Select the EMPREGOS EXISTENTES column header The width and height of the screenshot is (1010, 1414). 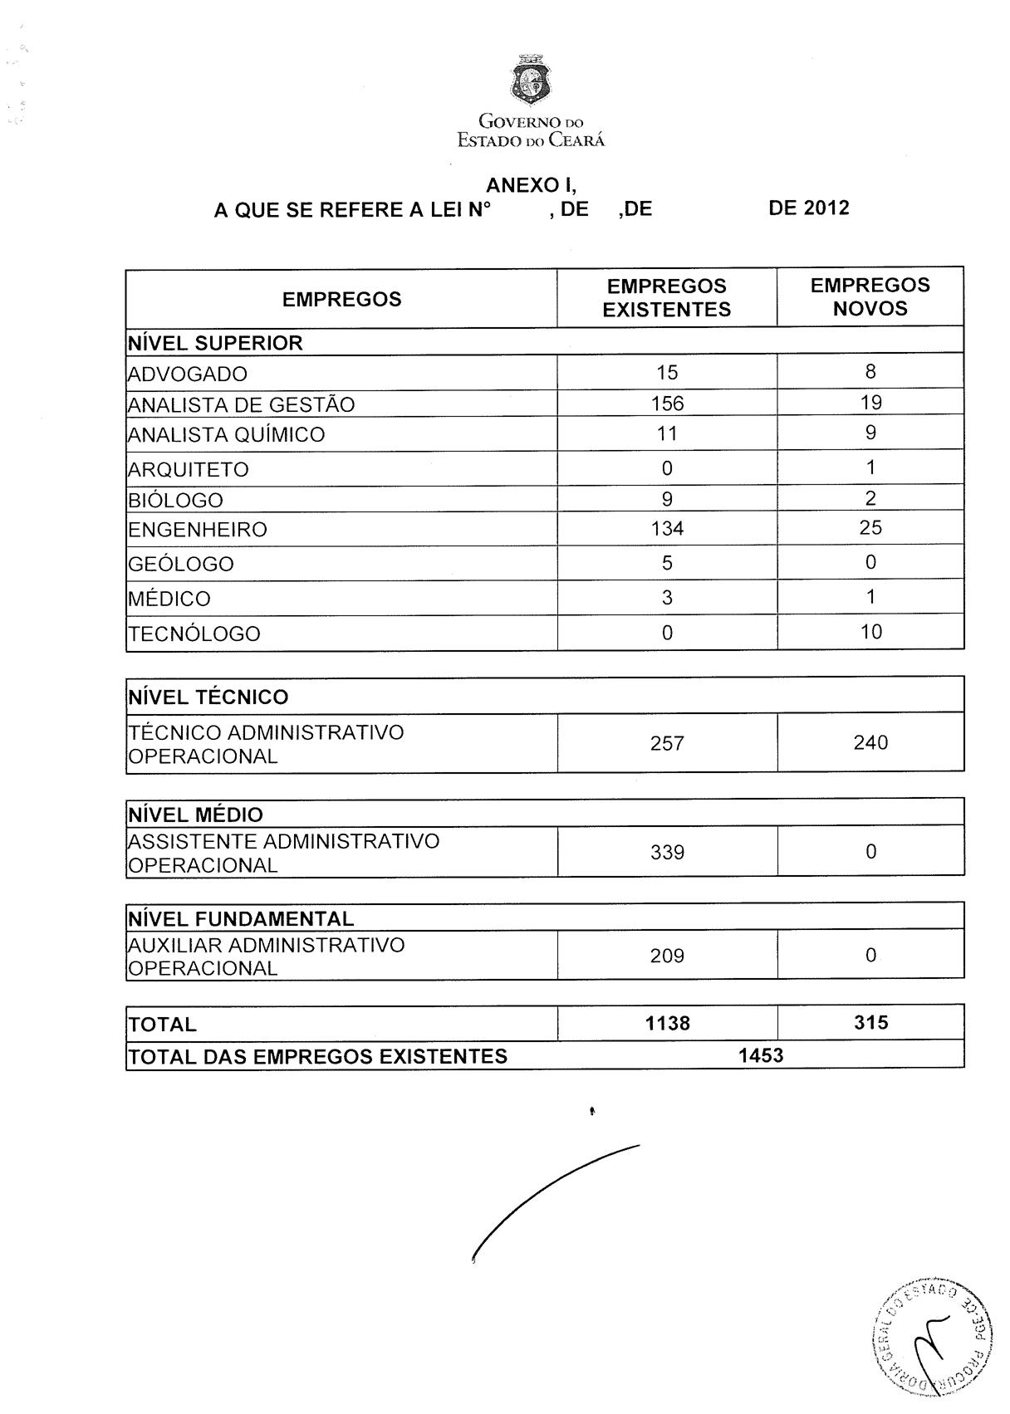pos(666,298)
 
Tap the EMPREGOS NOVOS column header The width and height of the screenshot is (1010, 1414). pos(870,297)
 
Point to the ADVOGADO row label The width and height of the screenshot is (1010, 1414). pos(188,374)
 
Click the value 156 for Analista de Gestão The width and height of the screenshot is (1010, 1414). pos(667,404)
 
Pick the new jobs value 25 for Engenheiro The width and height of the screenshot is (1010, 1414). pos(870,528)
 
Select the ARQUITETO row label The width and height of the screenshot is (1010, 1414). pos(189,470)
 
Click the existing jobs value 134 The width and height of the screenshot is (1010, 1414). pos(667,529)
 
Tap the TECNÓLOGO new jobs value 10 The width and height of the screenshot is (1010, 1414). pos(870,632)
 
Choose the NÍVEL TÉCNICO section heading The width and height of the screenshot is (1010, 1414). pos(208,697)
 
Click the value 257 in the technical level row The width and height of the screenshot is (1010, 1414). pos(667,743)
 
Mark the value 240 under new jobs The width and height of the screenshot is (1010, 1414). pos(870,742)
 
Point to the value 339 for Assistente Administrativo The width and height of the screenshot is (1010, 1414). pos(667,853)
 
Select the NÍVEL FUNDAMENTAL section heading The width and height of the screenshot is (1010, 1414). pos(241,919)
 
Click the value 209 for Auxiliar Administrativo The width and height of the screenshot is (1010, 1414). pos(667,956)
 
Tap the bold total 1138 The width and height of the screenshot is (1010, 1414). pos(667,1024)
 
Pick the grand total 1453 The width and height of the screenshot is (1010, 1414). pos(760,1055)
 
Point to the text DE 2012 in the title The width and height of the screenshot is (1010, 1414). pos(808,208)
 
